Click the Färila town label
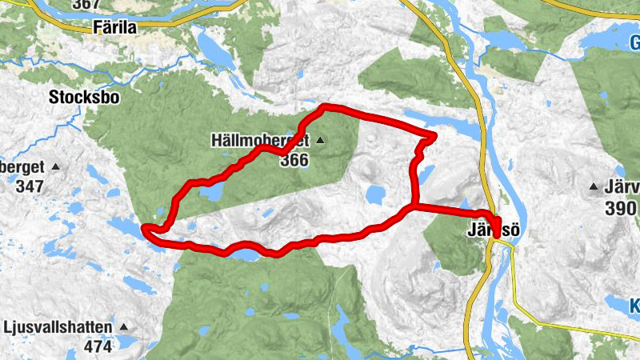[114, 27]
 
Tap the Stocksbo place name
[83, 98]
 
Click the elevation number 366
[294, 160]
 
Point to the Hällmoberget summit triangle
[320, 141]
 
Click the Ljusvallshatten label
[59, 328]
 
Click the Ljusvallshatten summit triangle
[123, 328]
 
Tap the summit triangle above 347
[55, 167]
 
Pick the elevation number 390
[621, 207]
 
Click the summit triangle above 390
[594, 187]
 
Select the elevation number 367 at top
[86, 5]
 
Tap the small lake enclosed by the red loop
[374, 194]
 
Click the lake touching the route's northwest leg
[211, 193]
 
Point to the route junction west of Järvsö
[413, 207]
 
